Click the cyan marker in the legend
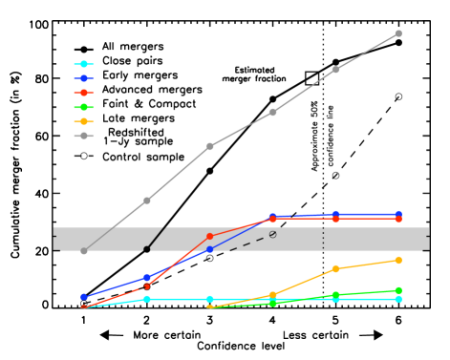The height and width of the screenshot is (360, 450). point(84,64)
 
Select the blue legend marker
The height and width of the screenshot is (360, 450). point(84,78)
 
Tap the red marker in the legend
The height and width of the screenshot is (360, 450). point(84,93)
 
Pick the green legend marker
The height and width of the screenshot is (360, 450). point(84,107)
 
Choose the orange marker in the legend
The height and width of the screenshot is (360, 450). point(84,121)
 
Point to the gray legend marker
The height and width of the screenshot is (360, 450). point(84,136)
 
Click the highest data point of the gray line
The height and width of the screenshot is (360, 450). point(398,33)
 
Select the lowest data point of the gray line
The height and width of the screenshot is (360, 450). point(84,251)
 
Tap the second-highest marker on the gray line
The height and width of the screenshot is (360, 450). point(335,70)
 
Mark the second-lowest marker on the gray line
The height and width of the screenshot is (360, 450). point(147,201)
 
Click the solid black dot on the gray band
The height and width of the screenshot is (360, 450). point(146,249)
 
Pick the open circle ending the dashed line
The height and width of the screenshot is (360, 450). point(273,234)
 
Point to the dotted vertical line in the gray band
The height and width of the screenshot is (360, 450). point(323,238)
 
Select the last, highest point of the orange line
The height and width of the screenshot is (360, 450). point(398,260)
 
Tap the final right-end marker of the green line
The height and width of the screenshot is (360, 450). point(398,290)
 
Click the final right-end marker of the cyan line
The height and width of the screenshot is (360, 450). point(398,299)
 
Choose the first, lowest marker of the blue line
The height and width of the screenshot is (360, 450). point(84,297)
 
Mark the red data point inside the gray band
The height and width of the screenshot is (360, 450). point(210,237)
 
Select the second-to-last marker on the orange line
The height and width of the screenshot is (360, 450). point(335,269)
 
